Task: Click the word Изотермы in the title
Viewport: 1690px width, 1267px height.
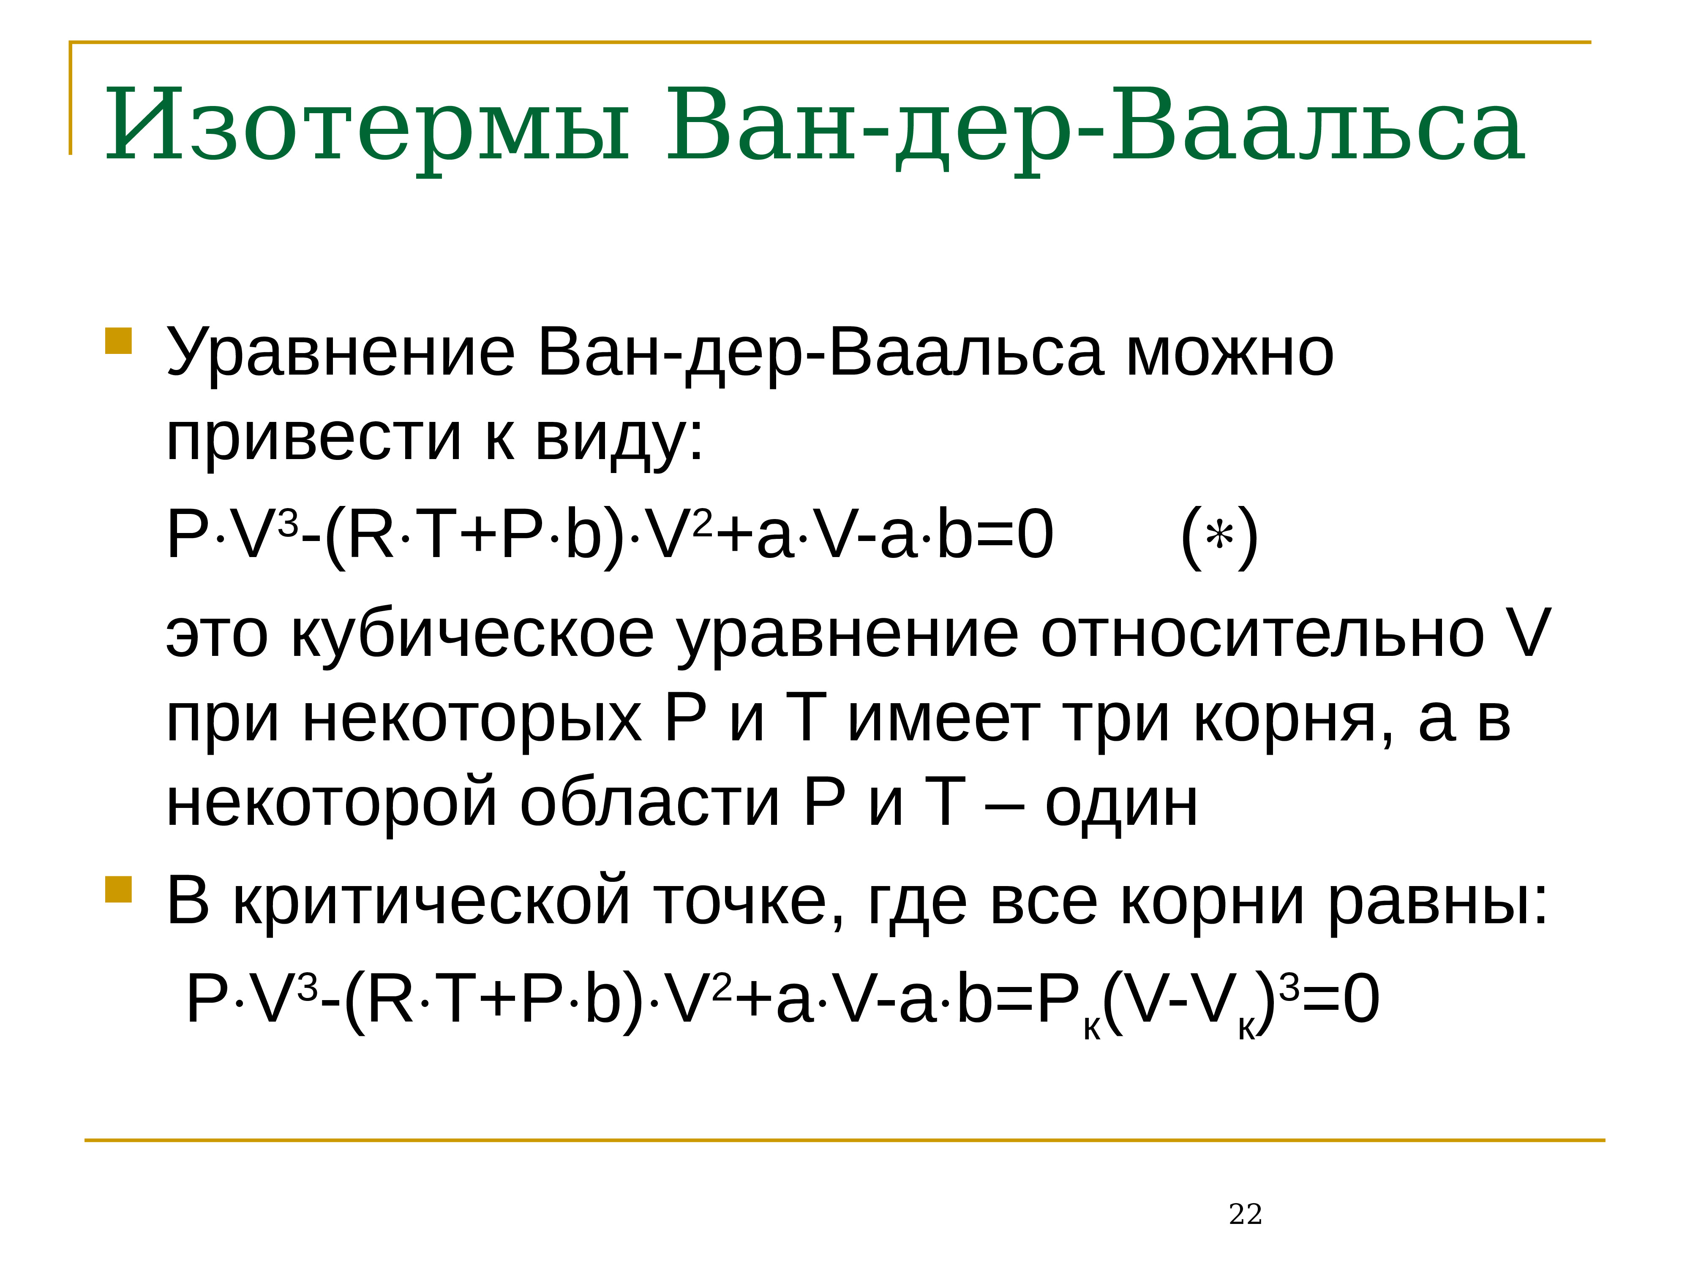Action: click(367, 126)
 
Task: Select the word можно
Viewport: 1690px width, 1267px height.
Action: click(1229, 353)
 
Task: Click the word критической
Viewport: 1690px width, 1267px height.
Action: click(432, 901)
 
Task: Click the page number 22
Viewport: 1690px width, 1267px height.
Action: click(1246, 1214)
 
